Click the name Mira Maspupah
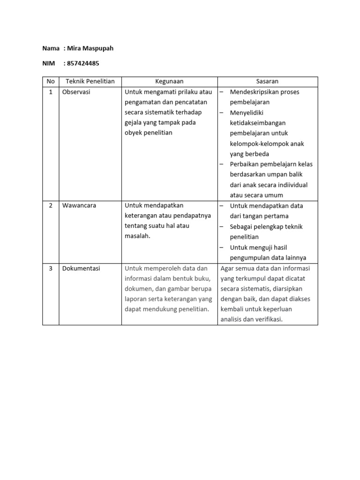click(90, 48)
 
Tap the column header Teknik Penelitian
click(90, 82)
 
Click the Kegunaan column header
click(169, 82)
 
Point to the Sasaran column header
click(267, 82)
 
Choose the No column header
click(51, 82)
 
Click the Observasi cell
click(76, 92)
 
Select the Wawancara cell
click(79, 206)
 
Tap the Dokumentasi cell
click(81, 269)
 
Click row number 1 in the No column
click(51, 92)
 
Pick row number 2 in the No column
click(51, 206)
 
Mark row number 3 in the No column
click(51, 269)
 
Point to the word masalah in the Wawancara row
click(137, 236)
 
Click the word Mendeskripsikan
click(257, 92)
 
